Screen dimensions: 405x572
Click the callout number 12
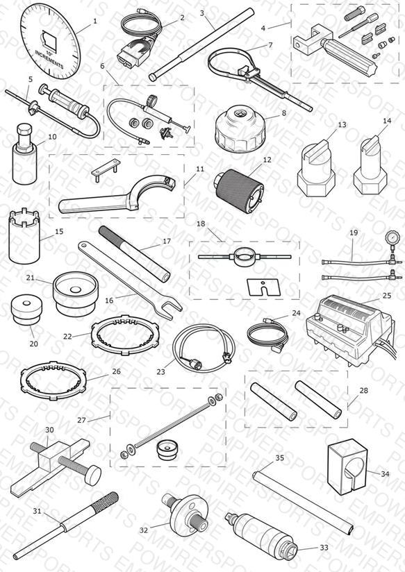coord(267,160)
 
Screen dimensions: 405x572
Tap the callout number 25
coord(387,296)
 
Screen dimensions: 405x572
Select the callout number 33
coord(324,548)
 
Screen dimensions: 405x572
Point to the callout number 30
coord(49,430)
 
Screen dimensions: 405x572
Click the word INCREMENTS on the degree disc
coord(49,59)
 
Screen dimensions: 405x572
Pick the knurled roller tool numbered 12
coord(239,189)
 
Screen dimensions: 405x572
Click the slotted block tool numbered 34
coord(347,466)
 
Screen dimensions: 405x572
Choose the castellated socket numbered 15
coord(24,235)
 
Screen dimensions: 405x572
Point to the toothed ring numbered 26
coord(53,380)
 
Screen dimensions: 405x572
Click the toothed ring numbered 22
coord(125,332)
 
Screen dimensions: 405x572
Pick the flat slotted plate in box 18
coord(261,287)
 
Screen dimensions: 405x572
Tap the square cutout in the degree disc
coord(51,40)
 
